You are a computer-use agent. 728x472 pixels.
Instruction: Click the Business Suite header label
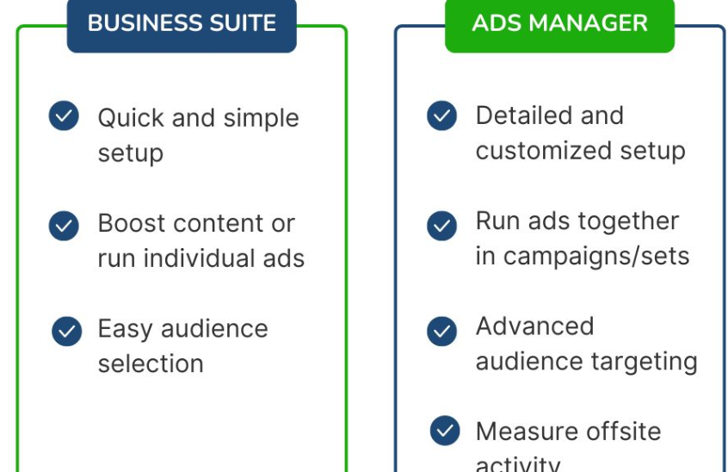[x=182, y=22]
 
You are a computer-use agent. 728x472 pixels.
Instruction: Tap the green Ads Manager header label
[x=559, y=22]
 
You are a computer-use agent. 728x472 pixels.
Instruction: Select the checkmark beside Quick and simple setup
[x=64, y=115]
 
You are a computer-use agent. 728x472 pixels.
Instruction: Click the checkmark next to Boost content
[x=64, y=225]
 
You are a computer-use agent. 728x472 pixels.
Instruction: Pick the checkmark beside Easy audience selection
[x=66, y=331]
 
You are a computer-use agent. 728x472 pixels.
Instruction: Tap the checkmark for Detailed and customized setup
[x=441, y=115]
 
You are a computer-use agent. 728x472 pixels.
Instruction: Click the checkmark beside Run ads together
[x=441, y=225]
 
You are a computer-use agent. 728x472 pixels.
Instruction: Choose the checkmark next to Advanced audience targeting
[x=441, y=331]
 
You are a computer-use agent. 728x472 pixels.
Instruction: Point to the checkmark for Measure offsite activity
[x=444, y=430]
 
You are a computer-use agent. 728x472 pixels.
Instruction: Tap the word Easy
[x=125, y=329]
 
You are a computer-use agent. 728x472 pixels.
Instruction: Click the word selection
[x=151, y=363]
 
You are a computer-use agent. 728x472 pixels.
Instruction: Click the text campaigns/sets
[x=596, y=256]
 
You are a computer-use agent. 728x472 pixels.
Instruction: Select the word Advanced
[x=534, y=326]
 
